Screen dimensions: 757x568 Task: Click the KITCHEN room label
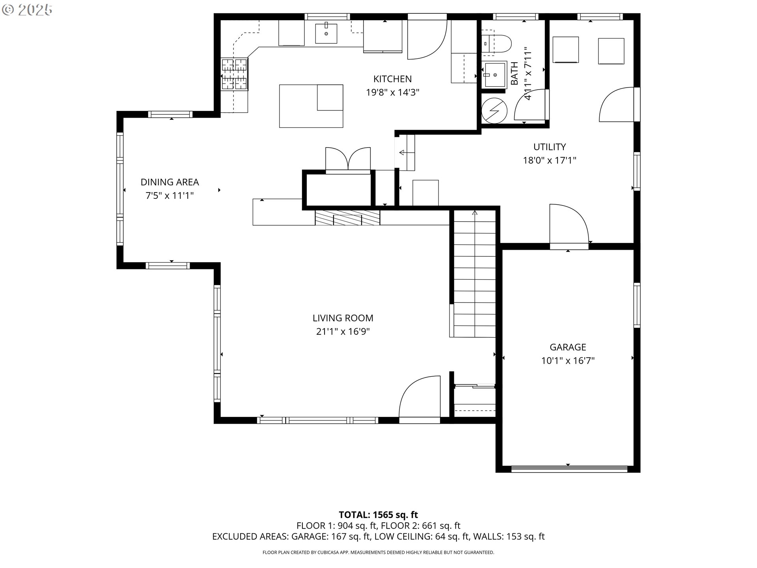coord(392,79)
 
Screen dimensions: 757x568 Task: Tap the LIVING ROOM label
coord(343,318)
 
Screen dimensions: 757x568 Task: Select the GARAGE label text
coord(568,347)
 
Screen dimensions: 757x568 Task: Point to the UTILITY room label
coord(550,147)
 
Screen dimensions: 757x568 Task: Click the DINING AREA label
coord(170,182)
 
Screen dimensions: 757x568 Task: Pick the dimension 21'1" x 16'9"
coord(343,331)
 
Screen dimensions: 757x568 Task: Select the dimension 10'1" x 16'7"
coord(568,361)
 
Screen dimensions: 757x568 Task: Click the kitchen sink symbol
coord(326,33)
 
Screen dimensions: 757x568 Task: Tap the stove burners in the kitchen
coord(234,74)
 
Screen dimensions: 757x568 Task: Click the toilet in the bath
coord(496,43)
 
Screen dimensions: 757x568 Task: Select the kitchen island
coord(311,106)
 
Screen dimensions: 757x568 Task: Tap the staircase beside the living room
coord(474,274)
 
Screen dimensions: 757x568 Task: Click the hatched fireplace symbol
coord(347,218)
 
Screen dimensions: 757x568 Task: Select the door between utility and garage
coord(569,226)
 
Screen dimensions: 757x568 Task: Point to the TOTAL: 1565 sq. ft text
coord(378,515)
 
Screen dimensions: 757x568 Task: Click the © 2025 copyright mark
coord(27,10)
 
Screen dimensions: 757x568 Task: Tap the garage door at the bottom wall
coord(569,469)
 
